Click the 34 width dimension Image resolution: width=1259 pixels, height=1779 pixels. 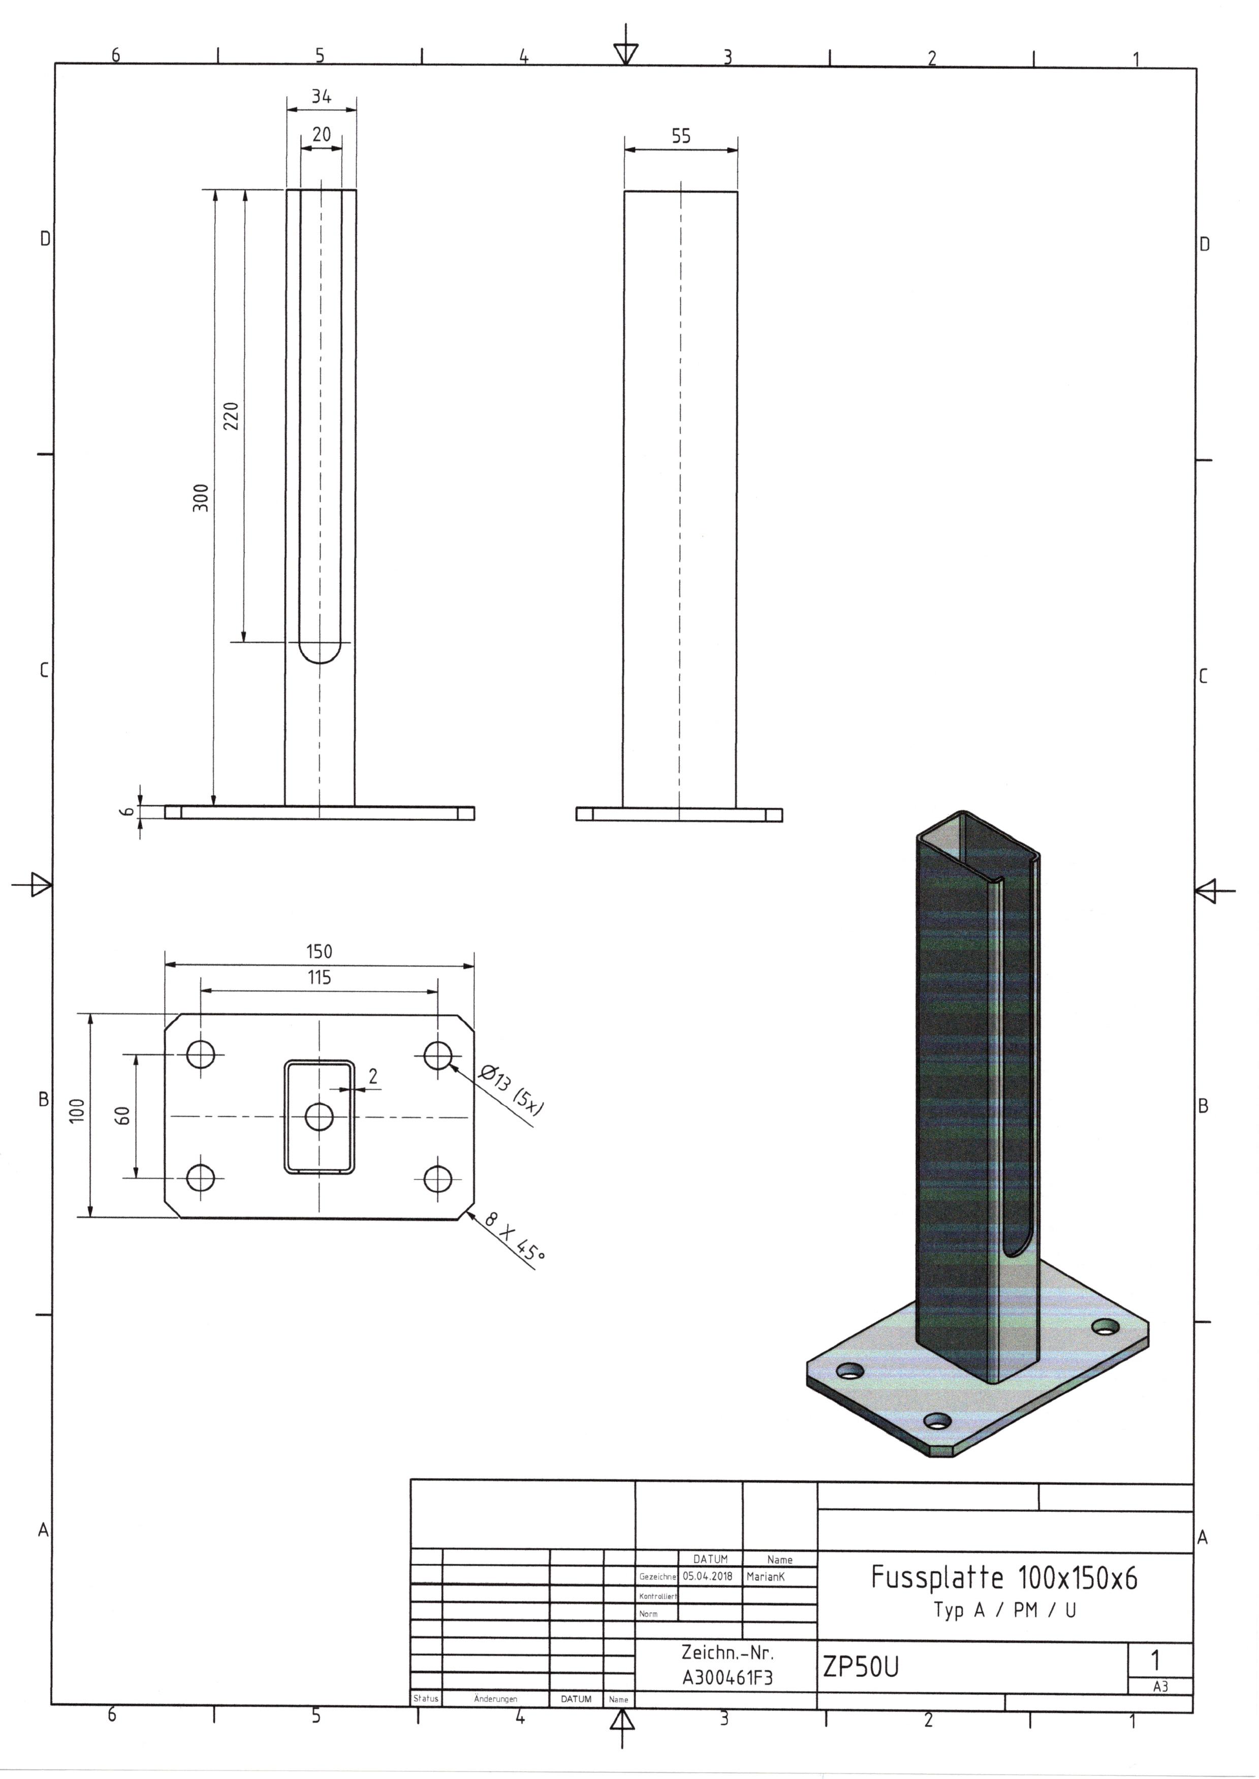pos(321,97)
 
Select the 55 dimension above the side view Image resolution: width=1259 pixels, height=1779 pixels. pos(681,136)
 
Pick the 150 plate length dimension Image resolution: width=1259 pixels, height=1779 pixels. pos(319,951)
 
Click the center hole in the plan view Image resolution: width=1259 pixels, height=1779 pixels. pos(319,1117)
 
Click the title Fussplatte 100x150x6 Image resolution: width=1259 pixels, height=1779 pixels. pos(1004,1577)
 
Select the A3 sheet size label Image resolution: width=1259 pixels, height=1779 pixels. pos(1160,1687)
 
